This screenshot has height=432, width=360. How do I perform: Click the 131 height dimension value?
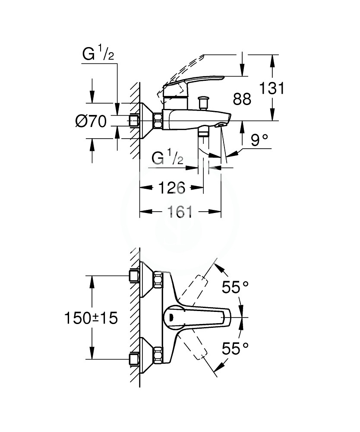(272, 88)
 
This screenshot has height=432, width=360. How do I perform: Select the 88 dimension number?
(242, 99)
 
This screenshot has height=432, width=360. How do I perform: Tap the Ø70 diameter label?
(91, 121)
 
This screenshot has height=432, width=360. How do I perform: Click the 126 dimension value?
(172, 188)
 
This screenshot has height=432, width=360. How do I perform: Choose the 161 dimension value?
(180, 212)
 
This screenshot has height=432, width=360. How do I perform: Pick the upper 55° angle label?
(235, 287)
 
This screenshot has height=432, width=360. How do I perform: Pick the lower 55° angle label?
(235, 348)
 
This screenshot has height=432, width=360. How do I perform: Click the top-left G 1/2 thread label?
(98, 54)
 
